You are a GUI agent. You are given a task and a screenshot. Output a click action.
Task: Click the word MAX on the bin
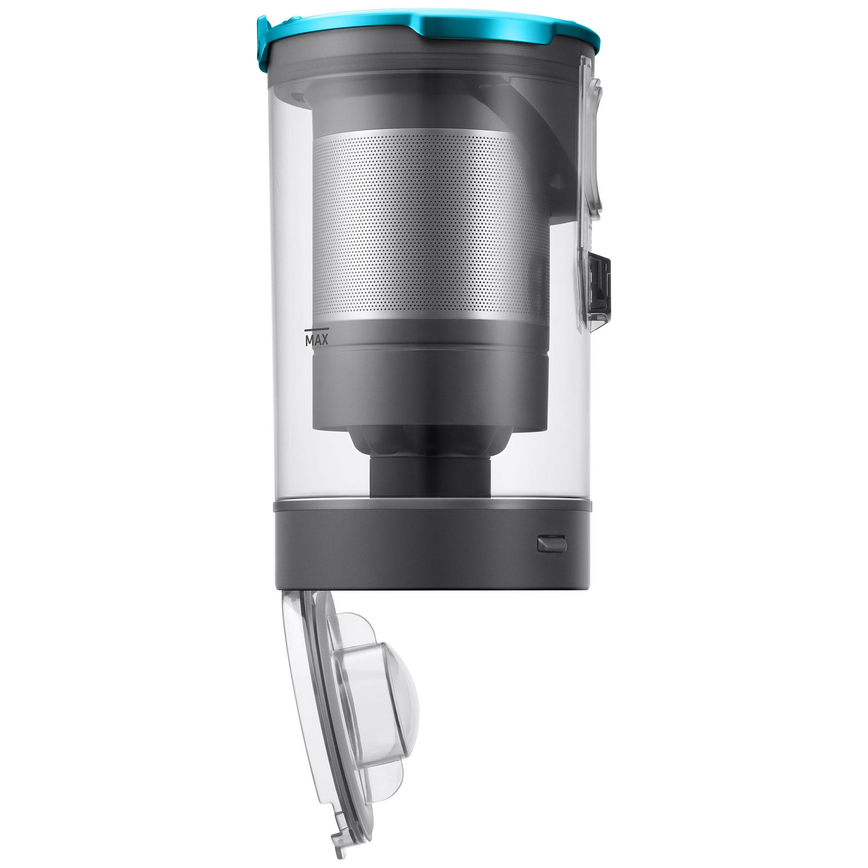[317, 340]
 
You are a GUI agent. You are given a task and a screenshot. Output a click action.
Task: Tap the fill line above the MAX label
[317, 330]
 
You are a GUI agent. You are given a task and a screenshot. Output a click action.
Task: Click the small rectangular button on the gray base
[552, 543]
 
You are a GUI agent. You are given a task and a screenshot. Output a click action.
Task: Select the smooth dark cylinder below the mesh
[431, 391]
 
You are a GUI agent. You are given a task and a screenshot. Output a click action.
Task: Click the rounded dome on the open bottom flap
[400, 701]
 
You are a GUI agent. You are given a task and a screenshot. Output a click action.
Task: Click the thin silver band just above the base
[431, 500]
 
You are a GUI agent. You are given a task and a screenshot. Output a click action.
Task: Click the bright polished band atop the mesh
[431, 138]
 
